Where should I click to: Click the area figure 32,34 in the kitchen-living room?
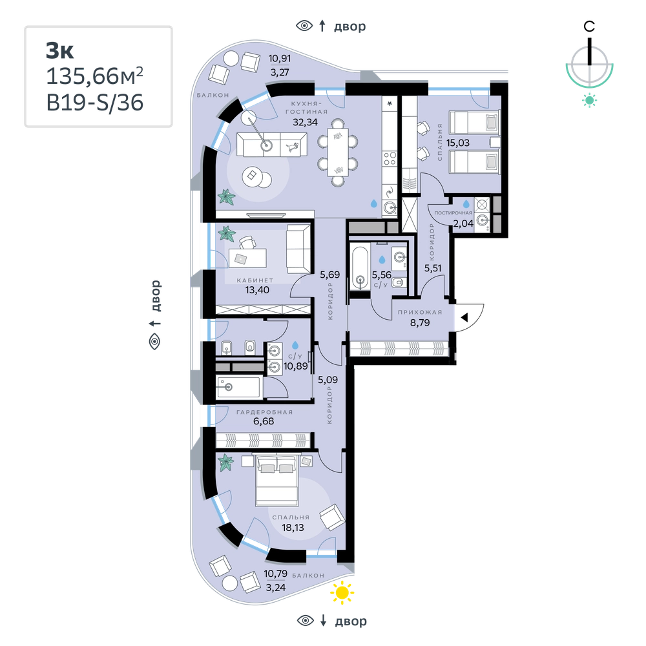pyautogui.click(x=306, y=122)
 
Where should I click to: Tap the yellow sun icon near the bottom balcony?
pyautogui.click(x=342, y=592)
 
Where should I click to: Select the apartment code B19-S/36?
pyautogui.click(x=95, y=103)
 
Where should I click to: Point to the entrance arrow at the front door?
pyautogui.click(x=464, y=318)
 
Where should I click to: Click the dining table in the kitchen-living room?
pyautogui.click(x=338, y=152)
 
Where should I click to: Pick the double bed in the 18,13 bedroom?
pyautogui.click(x=276, y=481)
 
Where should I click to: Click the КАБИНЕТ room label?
pyautogui.click(x=255, y=280)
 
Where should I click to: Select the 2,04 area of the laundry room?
pyautogui.click(x=463, y=224)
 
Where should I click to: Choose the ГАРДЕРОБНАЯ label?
pyautogui.click(x=264, y=412)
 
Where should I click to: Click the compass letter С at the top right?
pyautogui.click(x=589, y=26)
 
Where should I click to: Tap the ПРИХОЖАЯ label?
pyautogui.click(x=420, y=312)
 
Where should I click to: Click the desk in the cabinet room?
pyautogui.click(x=245, y=258)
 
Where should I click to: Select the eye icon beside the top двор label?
pyautogui.click(x=304, y=26)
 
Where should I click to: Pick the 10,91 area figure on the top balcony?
pyautogui.click(x=280, y=59)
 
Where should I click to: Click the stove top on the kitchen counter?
pyautogui.click(x=390, y=159)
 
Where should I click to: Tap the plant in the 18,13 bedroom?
pyautogui.click(x=225, y=463)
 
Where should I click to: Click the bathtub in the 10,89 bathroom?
pyautogui.click(x=238, y=387)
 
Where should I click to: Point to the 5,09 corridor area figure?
pyautogui.click(x=328, y=379)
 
